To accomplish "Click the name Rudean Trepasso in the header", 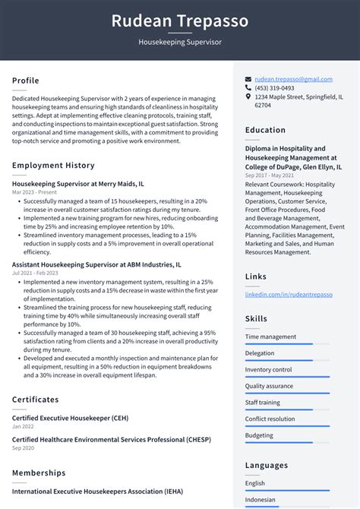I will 180,21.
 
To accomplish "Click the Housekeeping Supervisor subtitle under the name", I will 180,43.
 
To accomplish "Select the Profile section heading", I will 26,81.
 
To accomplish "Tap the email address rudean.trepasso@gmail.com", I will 293,79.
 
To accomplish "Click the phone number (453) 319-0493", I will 274,88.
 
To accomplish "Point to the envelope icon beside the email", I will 248,79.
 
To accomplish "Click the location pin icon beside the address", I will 248,97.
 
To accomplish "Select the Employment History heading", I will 53,166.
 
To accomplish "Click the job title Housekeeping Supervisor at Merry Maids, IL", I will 78,184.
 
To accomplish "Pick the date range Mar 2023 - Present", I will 35,192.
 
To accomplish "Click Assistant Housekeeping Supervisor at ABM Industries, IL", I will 96,265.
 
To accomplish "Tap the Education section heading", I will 265,130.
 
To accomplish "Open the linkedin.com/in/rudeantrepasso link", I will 289,294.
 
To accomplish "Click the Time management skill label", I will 270,337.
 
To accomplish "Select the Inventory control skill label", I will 268,370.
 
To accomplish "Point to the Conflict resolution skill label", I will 270,419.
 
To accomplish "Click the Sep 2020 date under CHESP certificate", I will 22,448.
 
